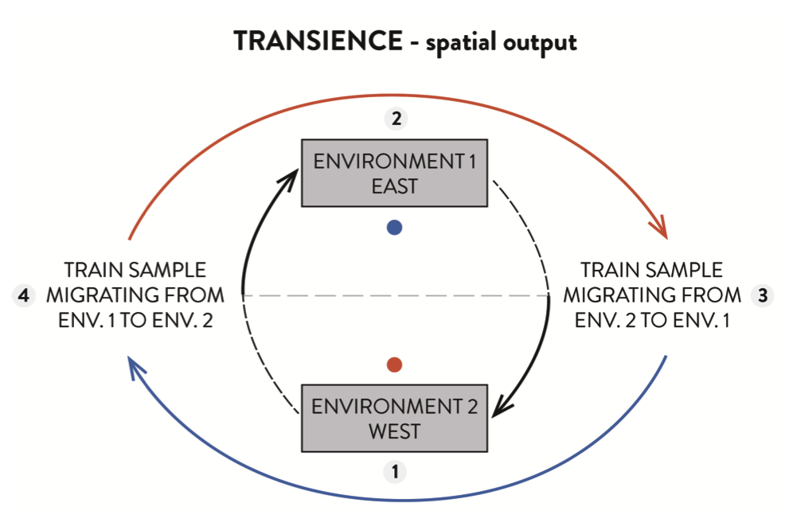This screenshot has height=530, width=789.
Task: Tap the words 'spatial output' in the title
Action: point(501,43)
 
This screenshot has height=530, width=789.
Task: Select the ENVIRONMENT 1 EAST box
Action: point(394,173)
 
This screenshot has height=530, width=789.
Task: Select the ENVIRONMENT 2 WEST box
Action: point(394,419)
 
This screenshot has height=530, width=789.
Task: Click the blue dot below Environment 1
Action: point(394,228)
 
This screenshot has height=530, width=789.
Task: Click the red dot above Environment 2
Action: point(393,365)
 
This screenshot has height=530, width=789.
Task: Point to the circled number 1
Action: point(393,472)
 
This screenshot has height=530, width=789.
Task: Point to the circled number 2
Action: point(395,119)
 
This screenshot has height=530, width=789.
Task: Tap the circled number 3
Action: point(762,295)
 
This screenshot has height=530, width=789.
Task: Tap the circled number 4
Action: point(24,296)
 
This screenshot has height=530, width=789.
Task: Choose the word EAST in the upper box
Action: point(394,187)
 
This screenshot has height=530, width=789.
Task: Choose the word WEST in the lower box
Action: point(394,432)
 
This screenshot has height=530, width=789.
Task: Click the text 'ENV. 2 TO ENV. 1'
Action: point(652,322)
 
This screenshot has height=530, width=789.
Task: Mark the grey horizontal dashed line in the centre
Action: point(394,296)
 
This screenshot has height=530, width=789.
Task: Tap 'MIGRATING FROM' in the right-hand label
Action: point(652,296)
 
